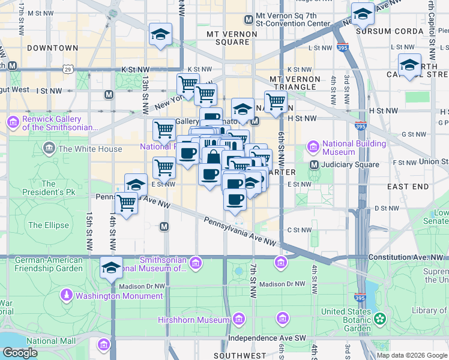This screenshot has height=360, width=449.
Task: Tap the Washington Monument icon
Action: click(67, 295)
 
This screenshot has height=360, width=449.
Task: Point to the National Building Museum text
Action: click(354, 148)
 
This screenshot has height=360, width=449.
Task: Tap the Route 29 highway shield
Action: click(69, 70)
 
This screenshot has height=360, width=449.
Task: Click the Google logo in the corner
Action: click(20, 353)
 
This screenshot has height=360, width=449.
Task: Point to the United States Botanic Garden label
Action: click(346, 320)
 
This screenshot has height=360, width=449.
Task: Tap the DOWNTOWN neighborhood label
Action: click(52, 47)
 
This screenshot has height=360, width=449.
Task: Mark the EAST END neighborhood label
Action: click(408, 187)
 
